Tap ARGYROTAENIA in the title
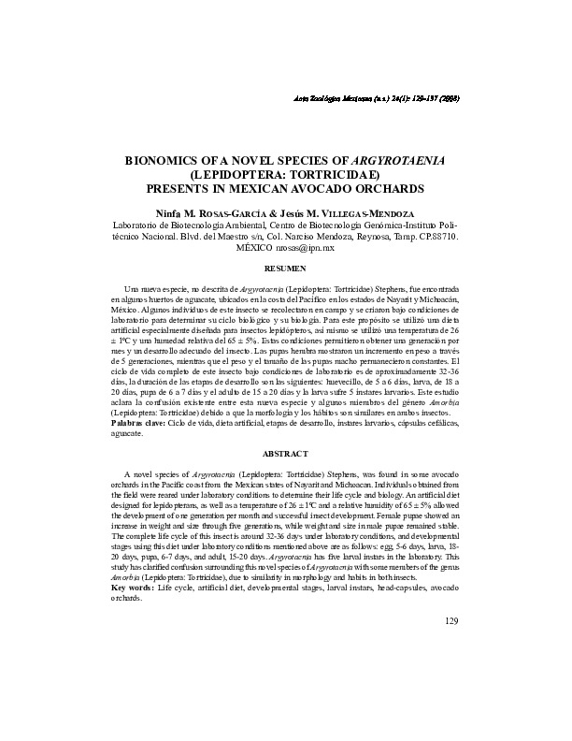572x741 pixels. coord(387,160)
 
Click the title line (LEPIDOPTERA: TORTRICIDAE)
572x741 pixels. coord(284,173)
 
